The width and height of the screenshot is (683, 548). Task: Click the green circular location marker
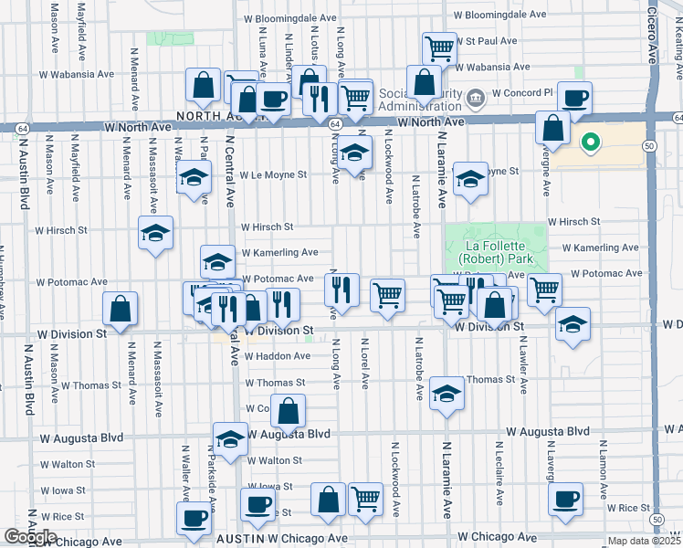(590, 142)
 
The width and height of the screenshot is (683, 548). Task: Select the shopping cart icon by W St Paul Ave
(439, 48)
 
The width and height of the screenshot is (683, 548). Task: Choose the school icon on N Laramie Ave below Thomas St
(447, 393)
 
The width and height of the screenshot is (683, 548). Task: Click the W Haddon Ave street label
(277, 356)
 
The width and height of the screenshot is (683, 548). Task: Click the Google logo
(30, 536)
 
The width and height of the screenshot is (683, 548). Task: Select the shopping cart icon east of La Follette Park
(544, 290)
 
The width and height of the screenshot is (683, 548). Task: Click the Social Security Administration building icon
(475, 98)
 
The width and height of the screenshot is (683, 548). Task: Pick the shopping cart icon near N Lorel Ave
(387, 295)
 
